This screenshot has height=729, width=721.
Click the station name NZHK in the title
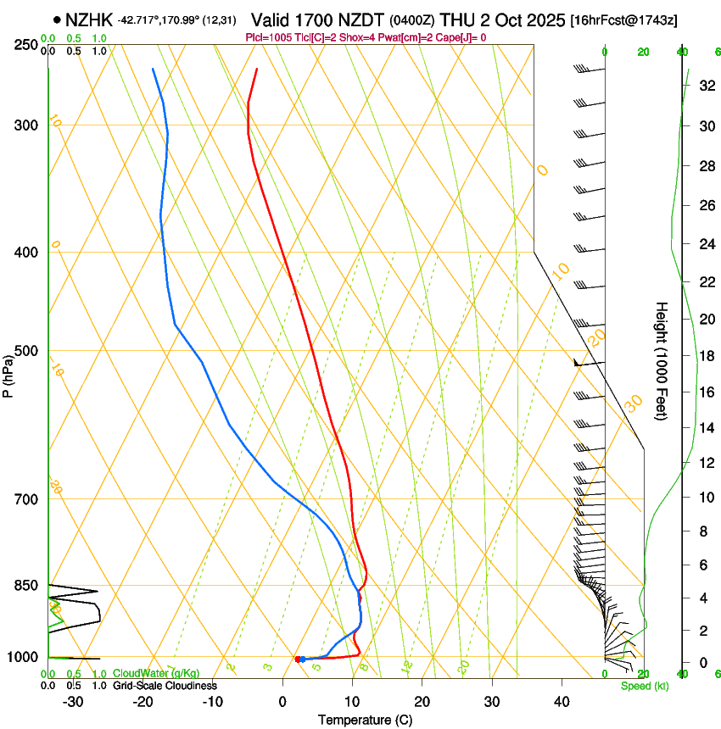coord(88,19)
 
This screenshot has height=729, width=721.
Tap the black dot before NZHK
coord(57,19)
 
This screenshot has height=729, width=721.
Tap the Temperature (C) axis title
coord(365,720)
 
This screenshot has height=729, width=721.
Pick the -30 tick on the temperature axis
coord(72,702)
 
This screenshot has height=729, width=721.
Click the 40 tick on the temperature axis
coord(561,702)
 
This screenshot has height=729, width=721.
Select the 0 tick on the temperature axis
coord(282,702)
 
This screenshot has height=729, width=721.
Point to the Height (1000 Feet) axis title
coord(662,360)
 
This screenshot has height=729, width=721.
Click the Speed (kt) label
coord(644,686)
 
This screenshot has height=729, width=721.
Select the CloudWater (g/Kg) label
coord(156,674)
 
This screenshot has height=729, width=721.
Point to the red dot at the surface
coord(298,659)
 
